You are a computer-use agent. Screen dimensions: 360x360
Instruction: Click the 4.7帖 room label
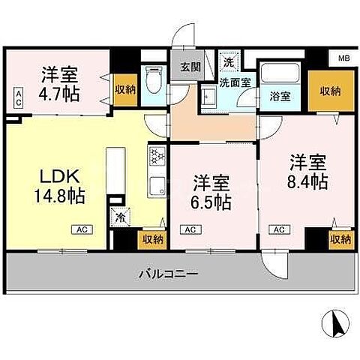click(60, 84)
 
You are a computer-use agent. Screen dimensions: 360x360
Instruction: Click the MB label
click(343, 58)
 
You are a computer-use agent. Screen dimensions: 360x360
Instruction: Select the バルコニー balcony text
click(168, 274)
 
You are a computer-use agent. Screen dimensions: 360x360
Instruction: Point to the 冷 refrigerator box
click(120, 217)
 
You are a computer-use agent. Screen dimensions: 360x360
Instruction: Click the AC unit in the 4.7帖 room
click(17, 95)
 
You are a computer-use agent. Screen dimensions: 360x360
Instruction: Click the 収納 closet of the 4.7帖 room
click(124, 89)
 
